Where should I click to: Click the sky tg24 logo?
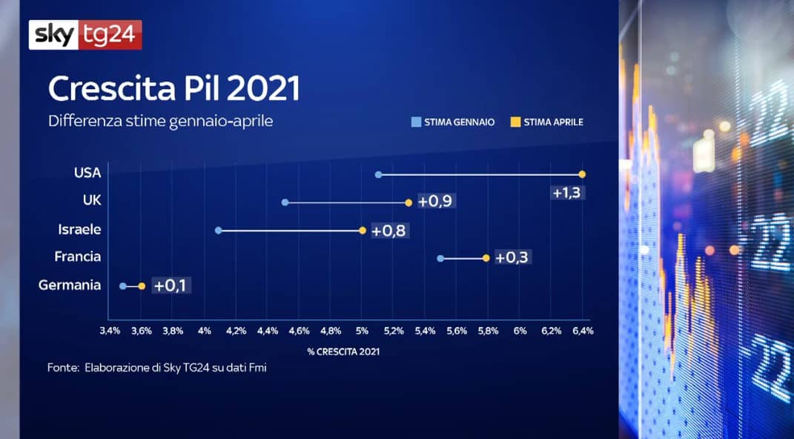coord(85,34)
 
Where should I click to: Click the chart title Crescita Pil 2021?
coord(173,89)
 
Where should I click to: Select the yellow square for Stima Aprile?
coord(513,122)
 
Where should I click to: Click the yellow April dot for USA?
coord(583,174)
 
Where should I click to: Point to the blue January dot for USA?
coord(378,174)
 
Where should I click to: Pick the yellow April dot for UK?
coord(408,202)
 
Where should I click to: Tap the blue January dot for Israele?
coord(218,231)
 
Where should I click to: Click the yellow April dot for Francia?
coord(486,258)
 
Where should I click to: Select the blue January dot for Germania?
coord(123,285)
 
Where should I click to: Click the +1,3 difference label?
coord(566,193)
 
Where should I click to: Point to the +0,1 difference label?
coord(171,285)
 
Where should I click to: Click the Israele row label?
coord(79,230)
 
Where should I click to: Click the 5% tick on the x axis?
coord(362,331)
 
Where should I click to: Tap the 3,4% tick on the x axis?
coord(110,331)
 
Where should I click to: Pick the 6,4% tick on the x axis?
coord(583,331)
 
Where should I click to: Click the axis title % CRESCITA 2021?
coord(343,351)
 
